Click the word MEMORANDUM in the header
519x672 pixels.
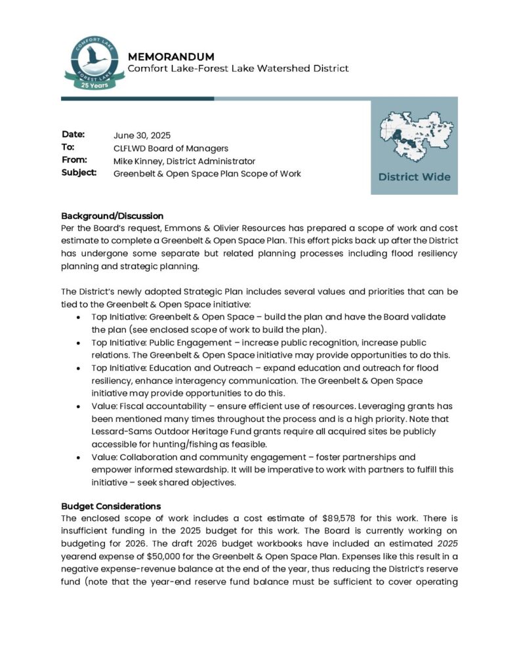pyautogui.click(x=171, y=57)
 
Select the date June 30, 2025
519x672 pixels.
pyautogui.click(x=142, y=136)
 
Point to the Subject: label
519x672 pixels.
pyautogui.click(x=79, y=173)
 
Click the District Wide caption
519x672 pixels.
pyautogui.click(x=414, y=177)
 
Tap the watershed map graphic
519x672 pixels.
pyautogui.click(x=414, y=136)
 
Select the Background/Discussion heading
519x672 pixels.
pyautogui.click(x=112, y=216)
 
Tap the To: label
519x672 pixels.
pyautogui.click(x=68, y=148)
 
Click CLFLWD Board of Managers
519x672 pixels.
pyautogui.click(x=171, y=148)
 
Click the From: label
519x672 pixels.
pyautogui.click(x=73, y=160)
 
